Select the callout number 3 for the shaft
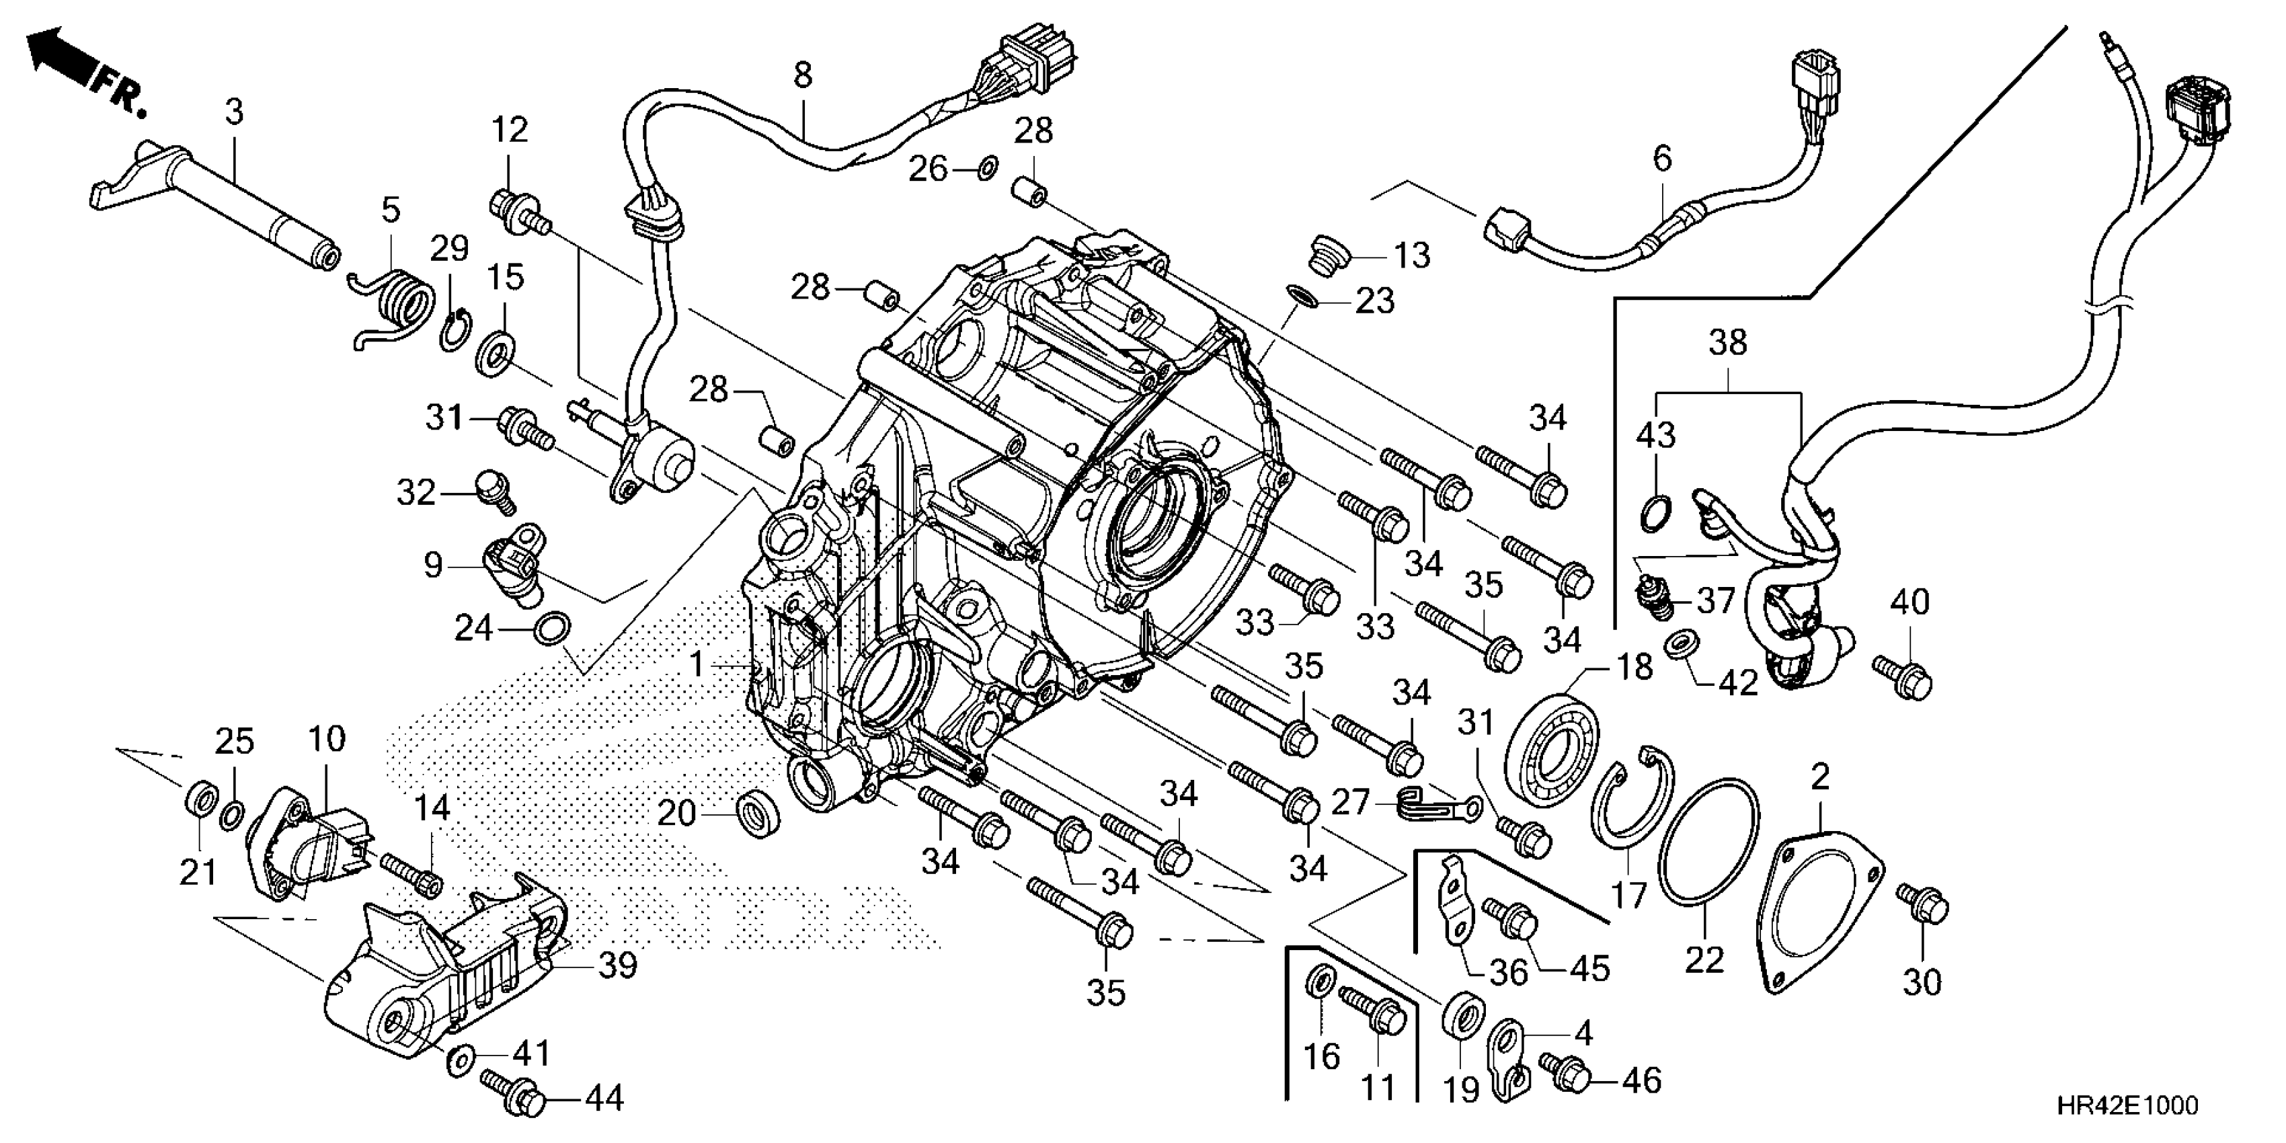pos(233,113)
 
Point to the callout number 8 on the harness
pos(802,75)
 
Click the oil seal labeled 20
pos(760,810)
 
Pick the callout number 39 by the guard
pos(617,965)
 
